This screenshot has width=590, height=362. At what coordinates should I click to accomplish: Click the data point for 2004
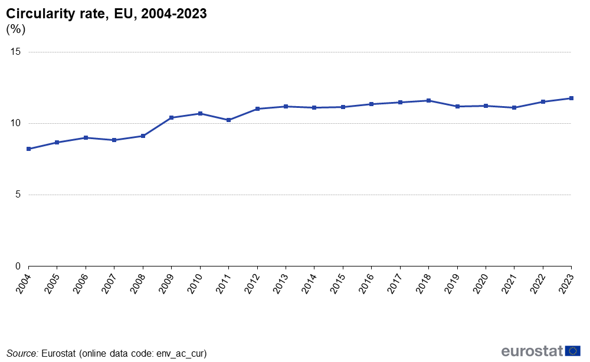28,149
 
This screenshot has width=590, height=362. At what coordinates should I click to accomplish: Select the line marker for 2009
172,118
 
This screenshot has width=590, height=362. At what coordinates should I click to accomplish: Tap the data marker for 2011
228,120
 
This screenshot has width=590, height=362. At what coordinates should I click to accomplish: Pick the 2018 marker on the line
428,100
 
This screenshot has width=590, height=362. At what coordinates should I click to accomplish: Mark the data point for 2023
571,98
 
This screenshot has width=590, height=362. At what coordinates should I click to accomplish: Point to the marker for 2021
514,107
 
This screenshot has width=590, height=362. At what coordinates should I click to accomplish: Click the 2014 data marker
314,107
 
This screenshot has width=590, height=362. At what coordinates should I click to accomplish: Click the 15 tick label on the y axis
15,52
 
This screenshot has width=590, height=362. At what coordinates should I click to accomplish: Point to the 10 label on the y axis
15,123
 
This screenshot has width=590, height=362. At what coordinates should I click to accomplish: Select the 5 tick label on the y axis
18,195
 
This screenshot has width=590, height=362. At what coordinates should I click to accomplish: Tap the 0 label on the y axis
18,266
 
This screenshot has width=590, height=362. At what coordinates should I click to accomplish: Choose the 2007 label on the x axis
109,284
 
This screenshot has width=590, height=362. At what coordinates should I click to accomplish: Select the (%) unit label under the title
16,29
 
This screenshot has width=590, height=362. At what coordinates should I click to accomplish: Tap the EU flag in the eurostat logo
573,351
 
